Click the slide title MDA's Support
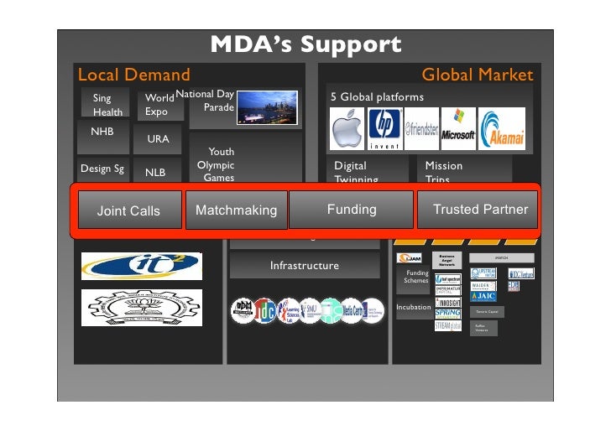(305, 44)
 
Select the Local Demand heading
(133, 75)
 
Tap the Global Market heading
(477, 75)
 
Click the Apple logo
(348, 130)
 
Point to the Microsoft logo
(458, 127)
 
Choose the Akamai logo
(503, 129)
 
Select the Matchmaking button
(236, 210)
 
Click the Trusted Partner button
(480, 210)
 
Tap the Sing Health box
(107, 105)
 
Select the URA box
(159, 139)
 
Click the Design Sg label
(102, 169)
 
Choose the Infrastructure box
(304, 266)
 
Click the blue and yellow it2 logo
(141, 265)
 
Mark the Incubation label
(414, 308)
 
